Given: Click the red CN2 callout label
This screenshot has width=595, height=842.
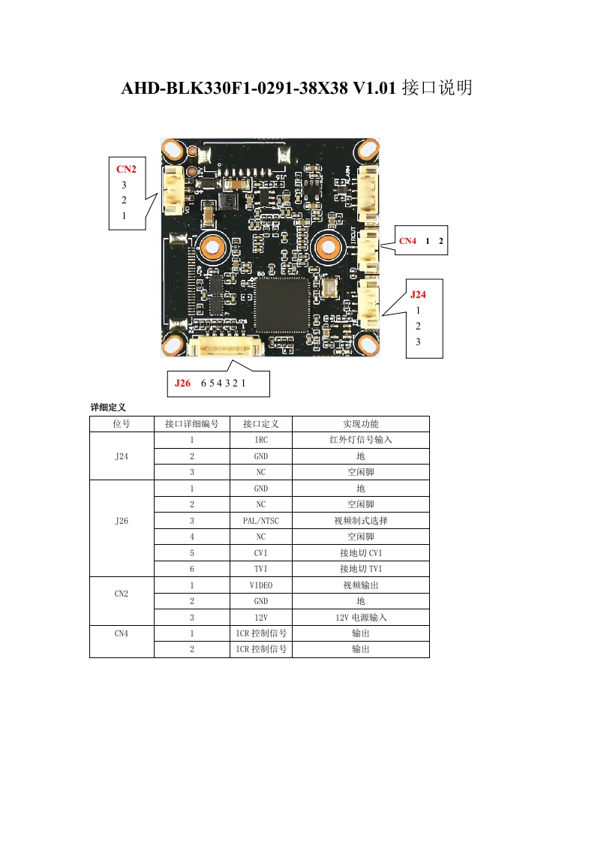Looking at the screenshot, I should pos(126,169).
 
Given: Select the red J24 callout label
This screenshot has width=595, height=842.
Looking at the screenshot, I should pos(418,294).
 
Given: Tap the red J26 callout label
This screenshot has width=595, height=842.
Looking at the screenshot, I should pos(182,383).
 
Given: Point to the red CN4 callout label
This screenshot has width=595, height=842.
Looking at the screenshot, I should pos(407,241).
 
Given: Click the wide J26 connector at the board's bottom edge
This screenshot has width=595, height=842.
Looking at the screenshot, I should pos(224,347).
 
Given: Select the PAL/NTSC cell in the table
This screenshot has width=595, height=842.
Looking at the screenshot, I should pos(261,521).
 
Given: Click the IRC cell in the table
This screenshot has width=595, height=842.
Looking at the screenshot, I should pos(261,440).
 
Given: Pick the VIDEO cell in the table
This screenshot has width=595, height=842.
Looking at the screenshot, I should pos(261,585).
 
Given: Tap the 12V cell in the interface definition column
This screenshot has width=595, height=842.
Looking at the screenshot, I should pos(261,617).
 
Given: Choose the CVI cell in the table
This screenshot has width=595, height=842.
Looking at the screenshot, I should pos(261,553).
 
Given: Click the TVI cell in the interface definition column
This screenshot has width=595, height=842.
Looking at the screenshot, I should pos(261,569).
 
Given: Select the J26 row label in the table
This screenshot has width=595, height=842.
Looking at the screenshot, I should pos(122,521).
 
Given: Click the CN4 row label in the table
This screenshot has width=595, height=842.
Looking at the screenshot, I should pos(122,633).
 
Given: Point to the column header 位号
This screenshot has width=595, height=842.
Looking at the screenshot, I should pos(122,424).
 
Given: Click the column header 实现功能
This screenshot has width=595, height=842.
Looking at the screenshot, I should pos(360,424).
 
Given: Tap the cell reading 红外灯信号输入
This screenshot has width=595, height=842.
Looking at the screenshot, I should pos(360,440).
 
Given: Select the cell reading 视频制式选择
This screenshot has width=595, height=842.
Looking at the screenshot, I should pos(360,521).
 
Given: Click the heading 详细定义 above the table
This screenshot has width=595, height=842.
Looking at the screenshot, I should pos(108,407).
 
